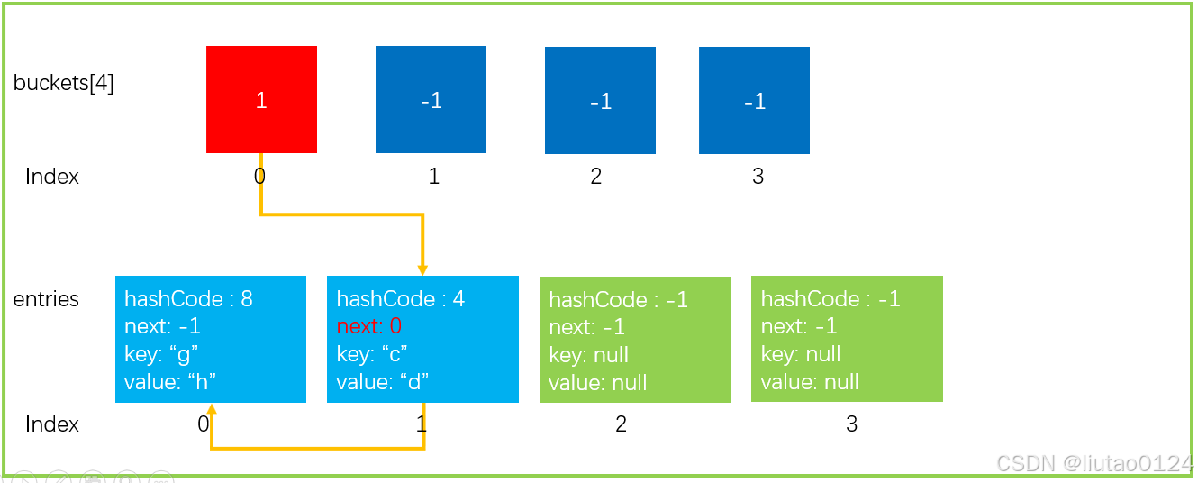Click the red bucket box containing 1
pyautogui.click(x=261, y=99)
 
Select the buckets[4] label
pyautogui.click(x=63, y=84)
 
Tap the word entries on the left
pyautogui.click(x=46, y=299)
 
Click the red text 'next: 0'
pyautogui.click(x=369, y=325)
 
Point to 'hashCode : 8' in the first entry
pyautogui.click(x=188, y=298)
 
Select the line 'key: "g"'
pyautogui.click(x=161, y=354)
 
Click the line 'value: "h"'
pyautogui.click(x=170, y=382)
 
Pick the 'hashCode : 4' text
pyautogui.click(x=401, y=298)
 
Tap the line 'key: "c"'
pyautogui.click(x=372, y=354)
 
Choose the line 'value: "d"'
pyautogui.click(x=383, y=382)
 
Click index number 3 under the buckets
pyautogui.click(x=758, y=176)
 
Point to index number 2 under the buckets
pyautogui.click(x=595, y=176)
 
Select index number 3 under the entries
pyautogui.click(x=851, y=424)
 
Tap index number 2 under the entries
pyautogui.click(x=621, y=424)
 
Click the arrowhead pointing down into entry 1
pyautogui.click(x=422, y=270)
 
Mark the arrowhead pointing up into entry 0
pyautogui.click(x=212, y=409)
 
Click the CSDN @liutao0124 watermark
pyautogui.click(x=1094, y=463)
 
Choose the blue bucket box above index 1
pyautogui.click(x=431, y=99)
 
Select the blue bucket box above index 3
pyautogui.click(x=754, y=100)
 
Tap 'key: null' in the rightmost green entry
pyautogui.click(x=801, y=354)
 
